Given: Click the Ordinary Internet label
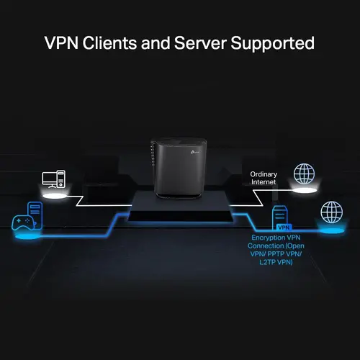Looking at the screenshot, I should [264, 179].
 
